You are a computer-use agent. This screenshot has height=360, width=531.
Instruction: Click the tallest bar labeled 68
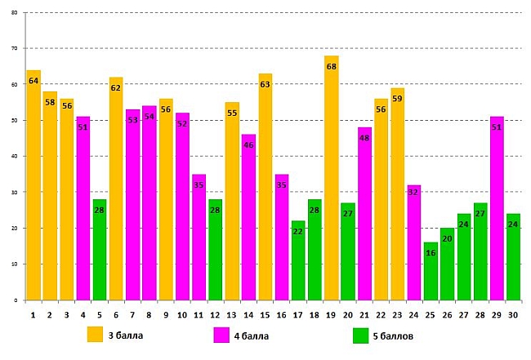331,180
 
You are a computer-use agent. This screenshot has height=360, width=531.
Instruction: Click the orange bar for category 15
265,188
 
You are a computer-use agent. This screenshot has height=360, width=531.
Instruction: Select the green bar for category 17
298,261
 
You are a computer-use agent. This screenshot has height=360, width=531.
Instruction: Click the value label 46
248,145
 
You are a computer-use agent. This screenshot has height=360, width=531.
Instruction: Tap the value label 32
413,193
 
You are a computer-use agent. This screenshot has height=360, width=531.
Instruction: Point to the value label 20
447,239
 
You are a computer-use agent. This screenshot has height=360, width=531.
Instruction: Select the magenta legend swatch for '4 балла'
221,336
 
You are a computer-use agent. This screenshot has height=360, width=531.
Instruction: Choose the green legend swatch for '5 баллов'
360,336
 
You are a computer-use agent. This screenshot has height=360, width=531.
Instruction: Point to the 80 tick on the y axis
14,13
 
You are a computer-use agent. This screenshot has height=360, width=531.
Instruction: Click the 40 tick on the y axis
14,156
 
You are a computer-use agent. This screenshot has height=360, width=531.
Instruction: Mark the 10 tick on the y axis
14,264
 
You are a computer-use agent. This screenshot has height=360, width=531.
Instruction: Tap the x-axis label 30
513,314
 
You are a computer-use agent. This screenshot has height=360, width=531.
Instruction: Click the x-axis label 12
215,314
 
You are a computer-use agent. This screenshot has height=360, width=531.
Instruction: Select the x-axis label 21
364,314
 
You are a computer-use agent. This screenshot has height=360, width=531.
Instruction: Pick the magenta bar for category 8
149,204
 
